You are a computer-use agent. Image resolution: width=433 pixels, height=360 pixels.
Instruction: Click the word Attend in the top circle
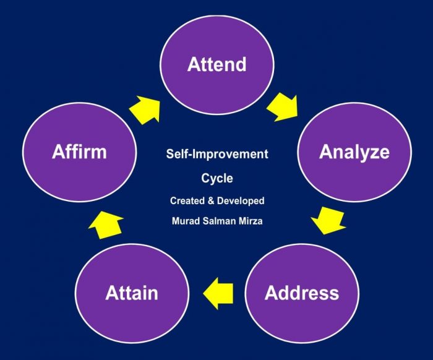click(x=216, y=64)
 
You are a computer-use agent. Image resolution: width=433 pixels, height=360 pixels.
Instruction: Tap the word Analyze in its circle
click(x=354, y=152)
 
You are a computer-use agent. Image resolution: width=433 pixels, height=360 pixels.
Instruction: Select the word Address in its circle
click(x=301, y=292)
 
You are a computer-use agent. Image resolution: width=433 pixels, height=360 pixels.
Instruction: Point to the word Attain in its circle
click(x=132, y=293)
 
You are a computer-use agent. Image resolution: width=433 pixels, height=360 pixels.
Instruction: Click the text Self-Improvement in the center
click(x=216, y=153)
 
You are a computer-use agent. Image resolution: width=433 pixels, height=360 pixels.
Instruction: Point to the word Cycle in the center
click(x=216, y=178)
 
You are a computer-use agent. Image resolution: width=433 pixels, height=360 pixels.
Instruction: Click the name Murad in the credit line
click(x=184, y=221)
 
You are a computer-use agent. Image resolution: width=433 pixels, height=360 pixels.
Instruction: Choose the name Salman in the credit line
click(x=217, y=221)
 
